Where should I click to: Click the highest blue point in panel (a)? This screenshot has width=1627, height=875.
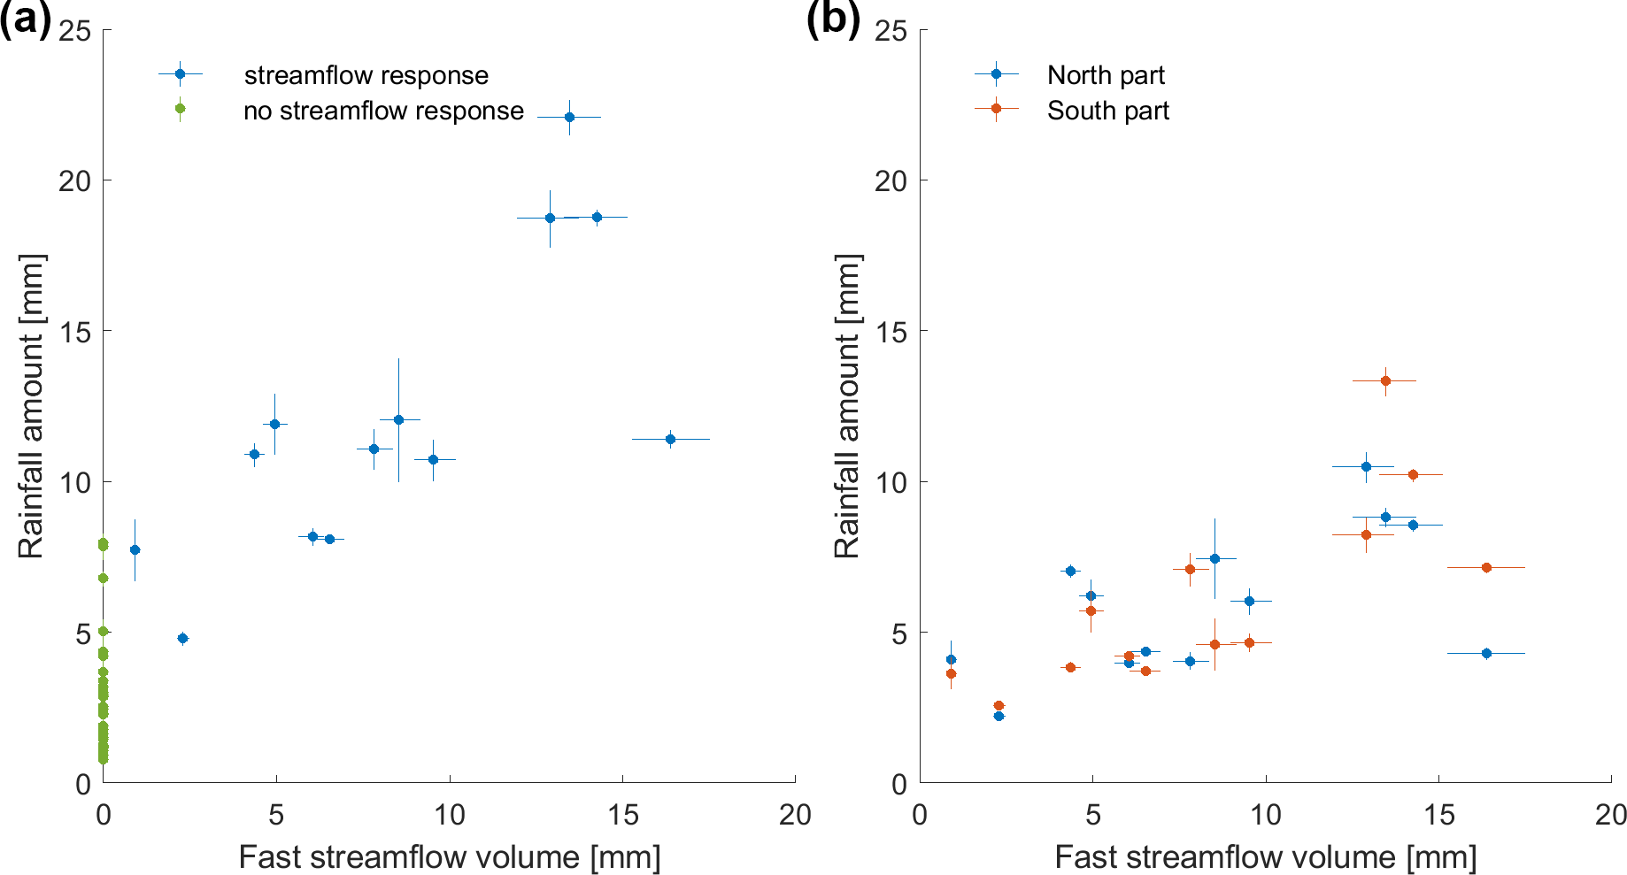(x=569, y=117)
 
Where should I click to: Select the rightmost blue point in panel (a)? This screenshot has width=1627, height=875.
(x=670, y=439)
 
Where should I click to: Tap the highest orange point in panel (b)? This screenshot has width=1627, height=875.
(x=1385, y=380)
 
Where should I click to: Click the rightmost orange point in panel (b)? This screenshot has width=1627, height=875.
(x=1486, y=567)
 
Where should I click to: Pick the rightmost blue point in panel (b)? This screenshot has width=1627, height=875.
(x=1486, y=653)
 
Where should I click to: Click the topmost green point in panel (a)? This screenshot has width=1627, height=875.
(x=103, y=543)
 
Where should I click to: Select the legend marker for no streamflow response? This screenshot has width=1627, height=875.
(x=180, y=109)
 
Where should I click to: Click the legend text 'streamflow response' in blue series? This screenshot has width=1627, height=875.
(x=366, y=75)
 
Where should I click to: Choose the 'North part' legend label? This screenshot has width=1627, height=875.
(x=1106, y=75)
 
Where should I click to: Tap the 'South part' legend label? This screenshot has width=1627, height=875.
(x=1107, y=111)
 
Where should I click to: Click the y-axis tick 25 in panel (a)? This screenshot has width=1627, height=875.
(x=75, y=31)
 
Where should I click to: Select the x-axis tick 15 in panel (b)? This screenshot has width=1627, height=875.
(x=1438, y=815)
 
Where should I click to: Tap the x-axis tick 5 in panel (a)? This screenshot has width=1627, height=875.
(x=276, y=815)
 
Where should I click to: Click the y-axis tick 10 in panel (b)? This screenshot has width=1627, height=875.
(x=891, y=482)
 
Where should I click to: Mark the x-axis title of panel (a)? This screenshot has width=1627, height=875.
(x=449, y=856)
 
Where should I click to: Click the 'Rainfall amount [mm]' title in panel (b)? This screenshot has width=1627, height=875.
(x=847, y=406)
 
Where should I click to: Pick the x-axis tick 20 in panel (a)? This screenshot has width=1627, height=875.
(x=794, y=815)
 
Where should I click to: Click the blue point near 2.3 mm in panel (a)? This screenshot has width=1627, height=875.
(x=182, y=638)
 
